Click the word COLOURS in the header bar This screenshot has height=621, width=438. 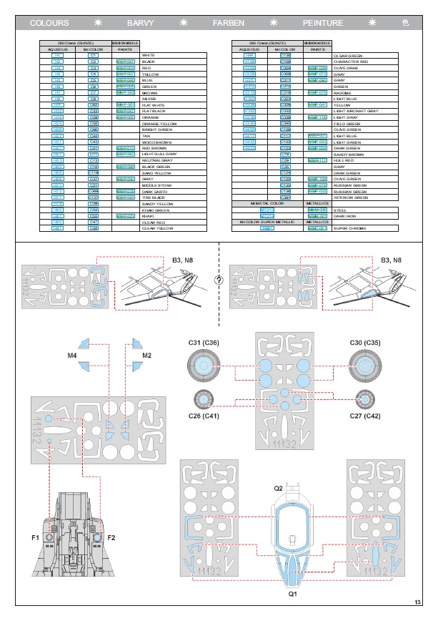[x=49, y=23]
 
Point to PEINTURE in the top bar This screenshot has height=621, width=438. [x=322, y=23]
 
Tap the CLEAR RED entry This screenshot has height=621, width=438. [x=152, y=222]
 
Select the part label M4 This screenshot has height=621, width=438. [x=73, y=355]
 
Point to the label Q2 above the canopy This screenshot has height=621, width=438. [x=279, y=489]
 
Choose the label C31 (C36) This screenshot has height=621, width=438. [x=204, y=343]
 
